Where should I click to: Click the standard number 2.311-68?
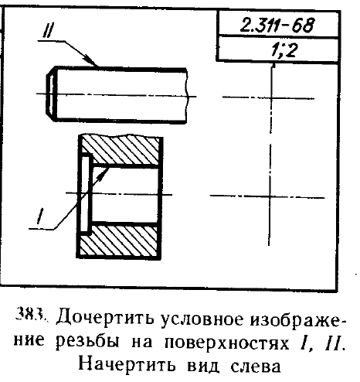click(277, 25)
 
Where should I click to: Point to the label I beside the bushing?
click(40, 216)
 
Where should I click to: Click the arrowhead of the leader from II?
click(92, 60)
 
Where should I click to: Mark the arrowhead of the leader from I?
click(104, 173)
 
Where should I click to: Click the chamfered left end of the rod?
click(51, 94)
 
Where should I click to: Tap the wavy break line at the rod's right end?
click(186, 96)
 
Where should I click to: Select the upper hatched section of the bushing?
click(121, 150)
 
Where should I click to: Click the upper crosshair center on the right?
click(271, 98)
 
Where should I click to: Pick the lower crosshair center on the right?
click(270, 197)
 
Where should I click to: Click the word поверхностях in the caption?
click(226, 343)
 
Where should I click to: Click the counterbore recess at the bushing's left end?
click(84, 194)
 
